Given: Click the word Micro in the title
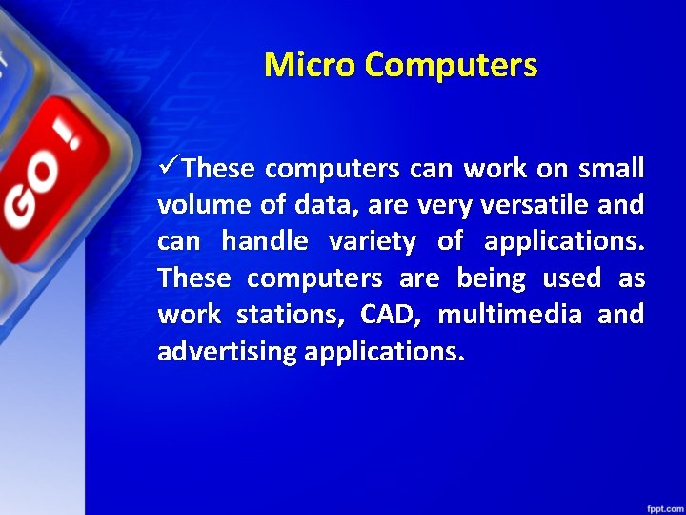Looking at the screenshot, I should (x=310, y=65).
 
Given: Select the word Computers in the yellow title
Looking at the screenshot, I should (x=451, y=65).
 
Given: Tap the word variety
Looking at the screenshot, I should (x=372, y=242).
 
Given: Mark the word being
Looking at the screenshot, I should (x=491, y=278).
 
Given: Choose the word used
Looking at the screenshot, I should (x=572, y=278).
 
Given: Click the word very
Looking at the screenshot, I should (x=452, y=205).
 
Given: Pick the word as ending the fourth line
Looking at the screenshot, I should (x=632, y=278).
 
